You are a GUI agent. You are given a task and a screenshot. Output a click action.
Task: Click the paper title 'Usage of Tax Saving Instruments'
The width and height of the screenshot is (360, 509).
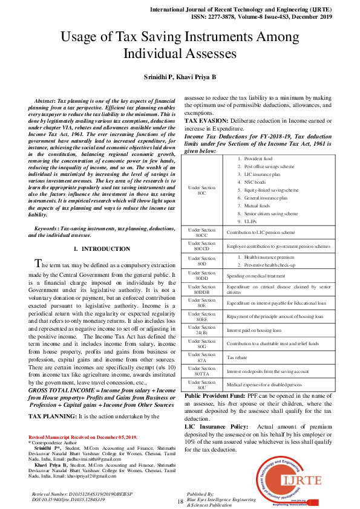(180, 37)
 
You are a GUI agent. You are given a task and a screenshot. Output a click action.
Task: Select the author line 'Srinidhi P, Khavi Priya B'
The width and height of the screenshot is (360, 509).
(180, 78)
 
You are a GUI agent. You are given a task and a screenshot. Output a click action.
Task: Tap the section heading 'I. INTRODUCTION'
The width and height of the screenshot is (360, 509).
(101, 249)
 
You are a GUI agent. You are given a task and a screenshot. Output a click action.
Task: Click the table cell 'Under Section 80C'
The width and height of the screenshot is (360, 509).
(202, 190)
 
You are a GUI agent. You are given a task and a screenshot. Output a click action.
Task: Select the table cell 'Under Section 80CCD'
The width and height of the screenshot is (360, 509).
(202, 247)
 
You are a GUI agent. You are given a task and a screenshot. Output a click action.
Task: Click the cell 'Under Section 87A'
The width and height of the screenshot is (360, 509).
(202, 357)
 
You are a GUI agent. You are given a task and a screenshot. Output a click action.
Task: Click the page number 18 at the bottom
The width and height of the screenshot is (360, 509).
(180, 502)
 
